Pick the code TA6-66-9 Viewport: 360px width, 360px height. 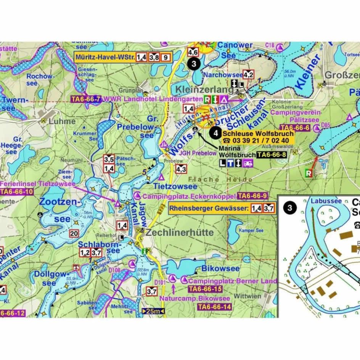click(252, 196)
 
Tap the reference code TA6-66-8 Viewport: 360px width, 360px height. click(271, 155)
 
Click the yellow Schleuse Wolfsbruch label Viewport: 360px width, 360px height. click(258, 134)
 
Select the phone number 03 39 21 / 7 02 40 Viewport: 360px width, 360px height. click(258, 141)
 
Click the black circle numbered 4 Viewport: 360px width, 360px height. click(215, 134)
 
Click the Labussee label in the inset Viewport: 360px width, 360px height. click(320, 201)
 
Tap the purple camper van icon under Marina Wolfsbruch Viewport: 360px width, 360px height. click(247, 163)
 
